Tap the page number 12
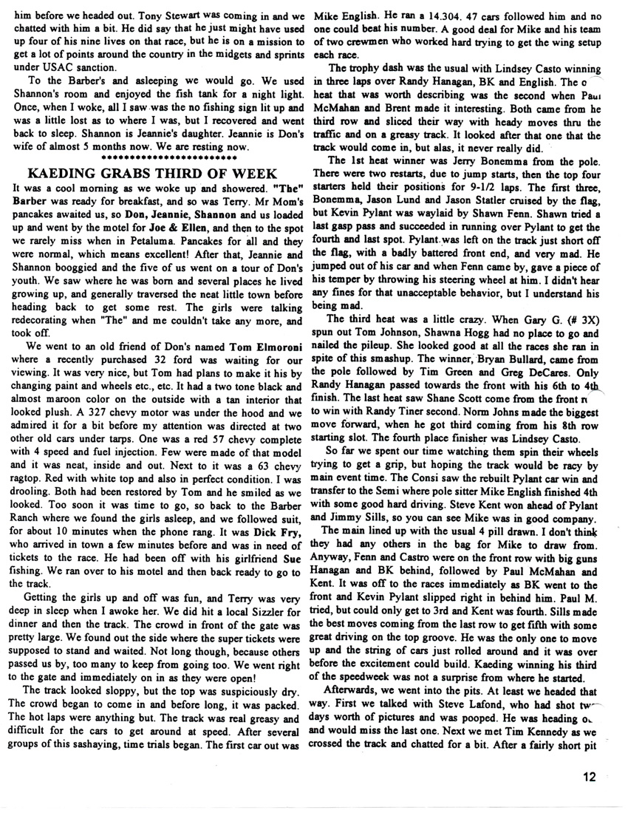tap(589, 776)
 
